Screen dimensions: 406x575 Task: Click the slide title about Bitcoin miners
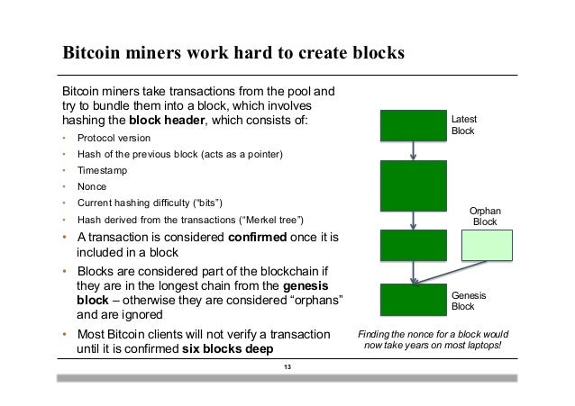pyautogui.click(x=233, y=52)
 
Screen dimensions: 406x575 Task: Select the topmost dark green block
pyautogui.click(x=413, y=126)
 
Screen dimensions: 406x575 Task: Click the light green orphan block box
pyautogui.click(x=487, y=246)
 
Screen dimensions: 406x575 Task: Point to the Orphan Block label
pyautogui.click(x=485, y=216)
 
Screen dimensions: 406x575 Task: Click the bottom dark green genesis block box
pyautogui.click(x=413, y=300)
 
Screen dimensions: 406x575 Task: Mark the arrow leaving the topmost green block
pyautogui.click(x=413, y=150)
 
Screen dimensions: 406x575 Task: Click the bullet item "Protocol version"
pyautogui.click(x=114, y=138)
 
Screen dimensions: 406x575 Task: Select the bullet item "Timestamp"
pyautogui.click(x=101, y=170)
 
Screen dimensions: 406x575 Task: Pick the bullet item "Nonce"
pyautogui.click(x=92, y=186)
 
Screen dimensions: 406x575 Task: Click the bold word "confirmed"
pyautogui.click(x=264, y=237)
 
